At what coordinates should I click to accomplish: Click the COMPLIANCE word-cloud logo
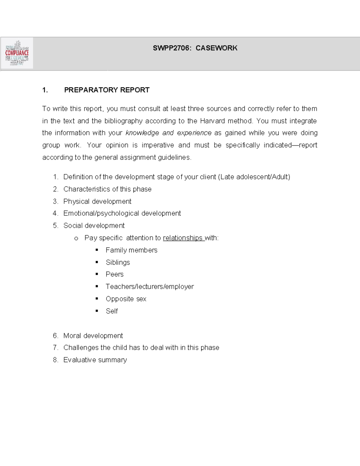(x=17, y=53)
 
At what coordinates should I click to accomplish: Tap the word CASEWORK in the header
(x=216, y=48)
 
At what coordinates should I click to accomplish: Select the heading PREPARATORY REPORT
(x=106, y=90)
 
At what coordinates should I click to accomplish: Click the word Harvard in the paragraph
(x=212, y=121)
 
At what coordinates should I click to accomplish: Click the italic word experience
(x=194, y=133)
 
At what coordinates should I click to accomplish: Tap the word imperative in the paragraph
(x=157, y=145)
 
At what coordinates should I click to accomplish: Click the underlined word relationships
(x=183, y=238)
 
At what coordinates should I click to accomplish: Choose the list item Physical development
(x=97, y=201)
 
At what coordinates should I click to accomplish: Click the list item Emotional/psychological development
(x=122, y=213)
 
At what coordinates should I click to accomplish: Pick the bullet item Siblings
(x=118, y=262)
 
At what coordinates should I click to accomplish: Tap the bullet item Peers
(x=114, y=274)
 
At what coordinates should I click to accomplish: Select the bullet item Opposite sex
(x=126, y=299)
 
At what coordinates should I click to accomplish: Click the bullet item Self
(x=112, y=311)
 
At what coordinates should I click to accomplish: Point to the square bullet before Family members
(x=97, y=250)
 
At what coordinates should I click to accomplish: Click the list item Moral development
(x=93, y=335)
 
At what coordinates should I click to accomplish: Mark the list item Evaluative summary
(x=95, y=360)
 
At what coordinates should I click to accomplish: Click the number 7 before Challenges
(x=55, y=347)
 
